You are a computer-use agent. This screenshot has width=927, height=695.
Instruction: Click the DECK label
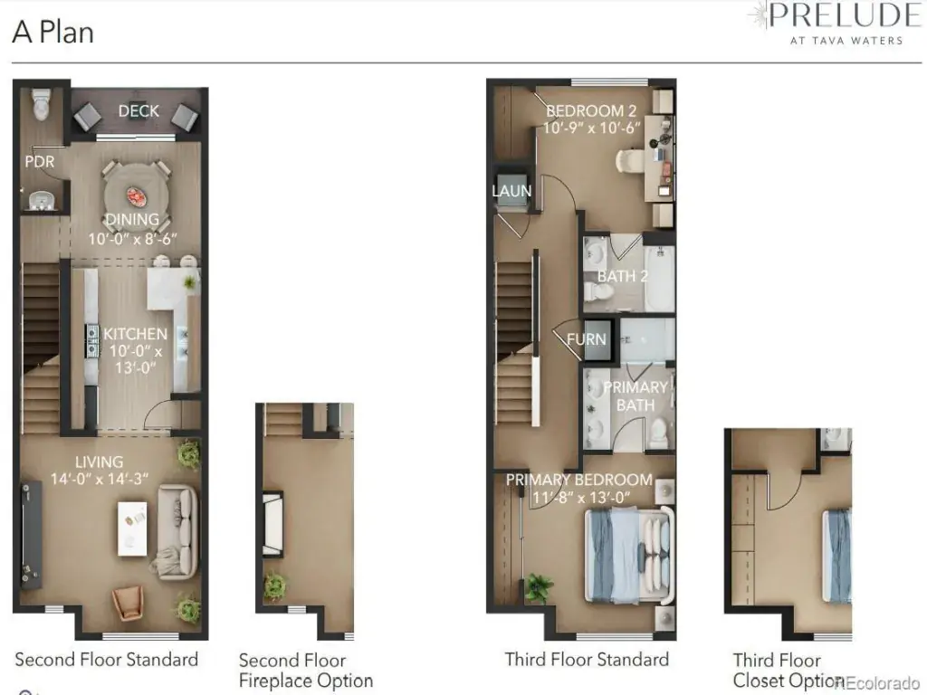coord(139,111)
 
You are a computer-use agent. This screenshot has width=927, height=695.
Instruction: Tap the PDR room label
coord(40,161)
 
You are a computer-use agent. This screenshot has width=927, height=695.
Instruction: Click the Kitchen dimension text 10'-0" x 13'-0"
coord(136,359)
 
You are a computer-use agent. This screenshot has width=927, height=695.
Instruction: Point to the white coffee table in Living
coord(132,528)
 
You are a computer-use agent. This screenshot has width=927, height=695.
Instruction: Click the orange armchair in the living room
coord(128,603)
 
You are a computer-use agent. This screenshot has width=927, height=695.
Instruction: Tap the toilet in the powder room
coord(41,104)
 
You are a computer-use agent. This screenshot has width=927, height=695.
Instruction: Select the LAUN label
coord(511,191)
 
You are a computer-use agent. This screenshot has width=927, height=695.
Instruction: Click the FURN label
coord(586,339)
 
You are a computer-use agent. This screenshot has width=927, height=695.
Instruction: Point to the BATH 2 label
coord(623,276)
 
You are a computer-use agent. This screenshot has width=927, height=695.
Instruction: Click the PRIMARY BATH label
coord(636,396)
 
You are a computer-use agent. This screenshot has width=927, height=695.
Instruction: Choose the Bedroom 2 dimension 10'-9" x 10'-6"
coord(592,129)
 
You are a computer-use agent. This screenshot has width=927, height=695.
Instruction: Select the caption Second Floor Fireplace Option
coord(306,671)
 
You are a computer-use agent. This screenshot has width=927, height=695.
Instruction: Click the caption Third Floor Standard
coord(587,660)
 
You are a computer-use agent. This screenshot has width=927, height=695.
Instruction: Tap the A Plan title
coord(53,32)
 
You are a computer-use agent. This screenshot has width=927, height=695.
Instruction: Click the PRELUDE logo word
coord(845,15)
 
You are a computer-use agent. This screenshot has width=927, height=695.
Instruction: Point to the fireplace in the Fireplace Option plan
coord(272,524)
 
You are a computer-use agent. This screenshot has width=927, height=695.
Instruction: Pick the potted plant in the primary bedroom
coord(538,587)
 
